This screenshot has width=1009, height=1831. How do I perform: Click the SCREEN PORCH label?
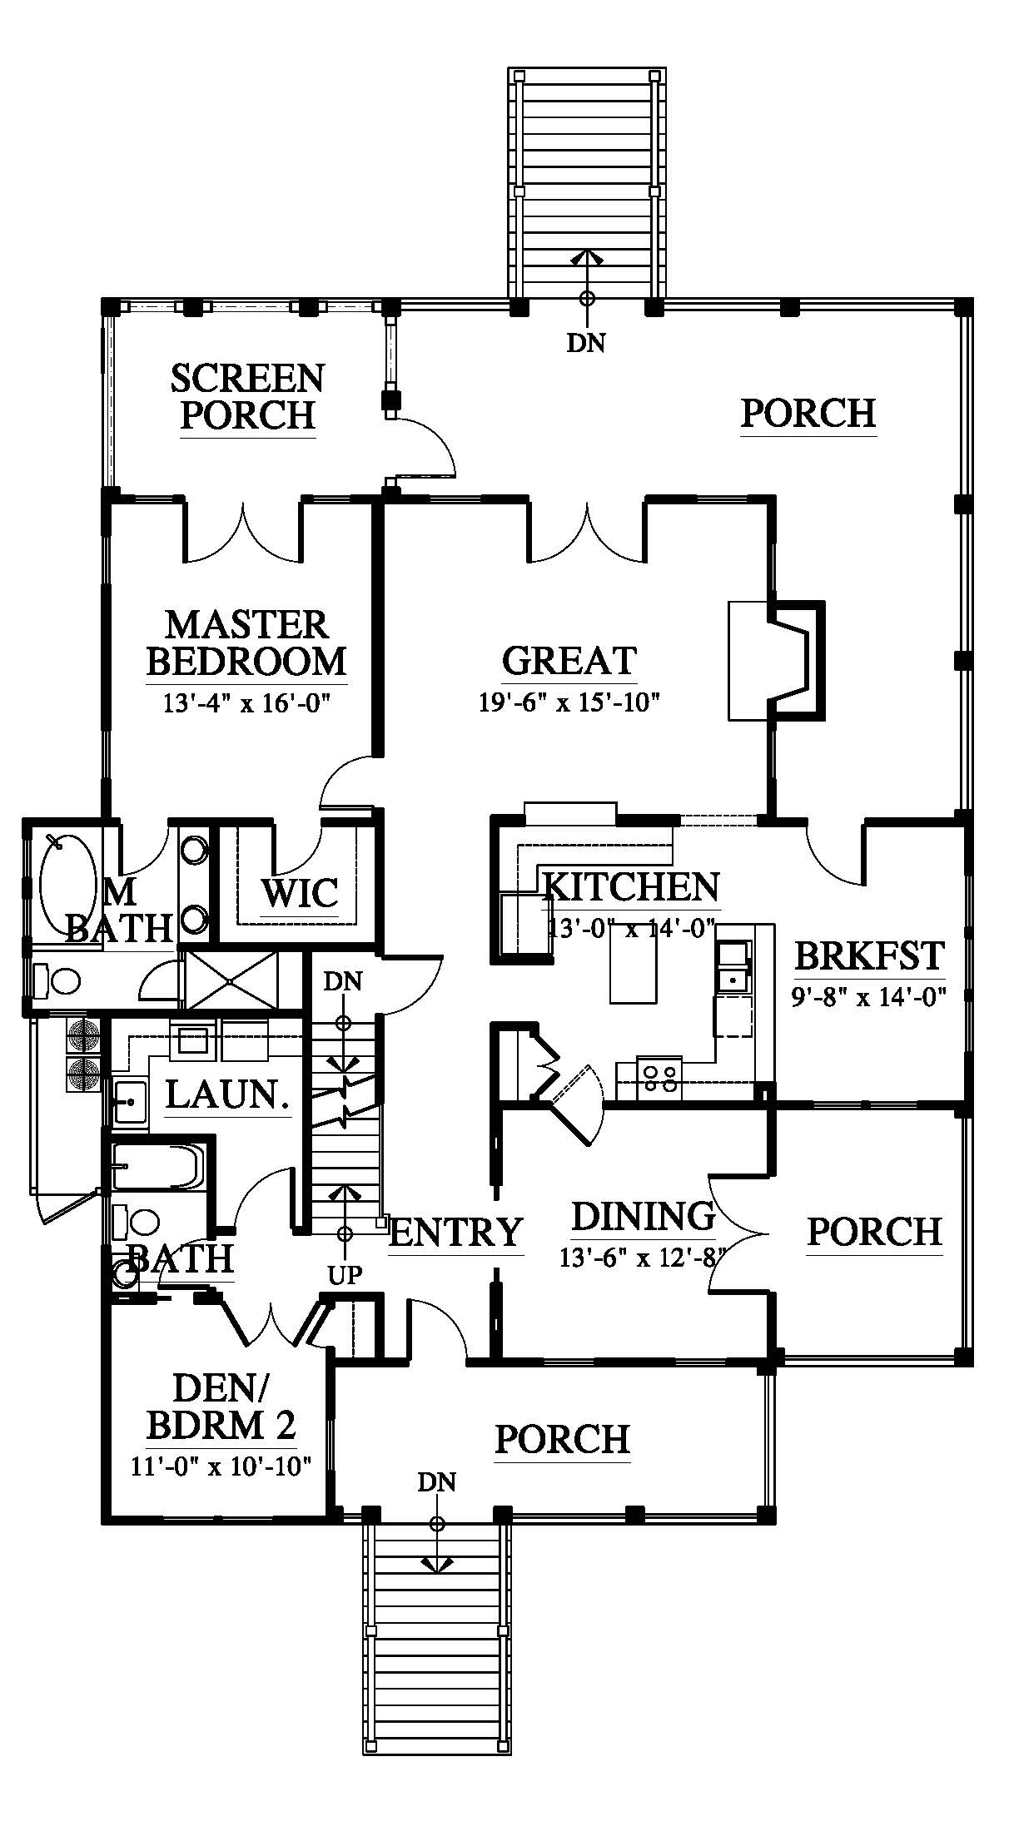click(247, 396)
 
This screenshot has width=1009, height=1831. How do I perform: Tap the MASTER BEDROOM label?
click(246, 643)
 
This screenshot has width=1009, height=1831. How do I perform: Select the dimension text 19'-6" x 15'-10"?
click(569, 703)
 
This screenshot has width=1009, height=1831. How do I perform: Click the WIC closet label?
click(300, 893)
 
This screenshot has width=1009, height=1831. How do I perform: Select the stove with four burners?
click(659, 1077)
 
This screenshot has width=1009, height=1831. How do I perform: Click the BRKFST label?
click(870, 955)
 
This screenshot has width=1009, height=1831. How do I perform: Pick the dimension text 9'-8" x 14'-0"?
click(870, 996)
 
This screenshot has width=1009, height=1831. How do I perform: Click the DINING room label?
click(644, 1216)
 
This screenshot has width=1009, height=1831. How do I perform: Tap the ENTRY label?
click(456, 1232)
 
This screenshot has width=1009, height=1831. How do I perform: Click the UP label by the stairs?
click(345, 1274)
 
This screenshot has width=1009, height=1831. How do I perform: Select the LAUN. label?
click(228, 1094)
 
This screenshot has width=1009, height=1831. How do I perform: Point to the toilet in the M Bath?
click(58, 982)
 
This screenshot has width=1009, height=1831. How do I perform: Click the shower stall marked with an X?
click(230, 983)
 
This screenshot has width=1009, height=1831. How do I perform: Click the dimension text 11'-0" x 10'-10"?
click(221, 1465)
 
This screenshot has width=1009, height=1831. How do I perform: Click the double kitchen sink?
click(733, 965)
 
